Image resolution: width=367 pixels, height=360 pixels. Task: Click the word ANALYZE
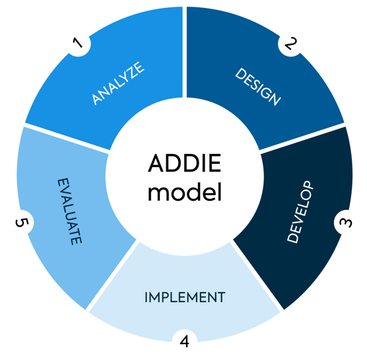(118, 83)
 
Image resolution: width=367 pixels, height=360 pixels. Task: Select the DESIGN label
(258, 87)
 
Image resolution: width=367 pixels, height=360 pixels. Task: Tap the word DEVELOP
(301, 212)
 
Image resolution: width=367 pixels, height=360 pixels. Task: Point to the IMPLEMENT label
(185, 297)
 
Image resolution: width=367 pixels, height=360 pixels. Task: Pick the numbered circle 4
(184, 341)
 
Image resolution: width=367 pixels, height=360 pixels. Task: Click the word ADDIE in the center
(185, 164)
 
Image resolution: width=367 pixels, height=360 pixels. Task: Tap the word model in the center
(185, 194)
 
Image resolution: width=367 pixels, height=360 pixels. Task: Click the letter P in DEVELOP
(309, 188)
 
